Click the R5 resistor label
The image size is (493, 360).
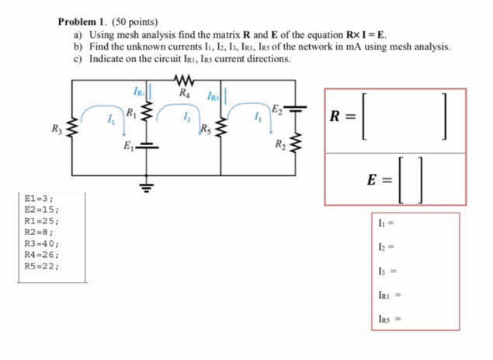coord(206,128)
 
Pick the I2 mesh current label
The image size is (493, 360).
coord(186,118)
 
